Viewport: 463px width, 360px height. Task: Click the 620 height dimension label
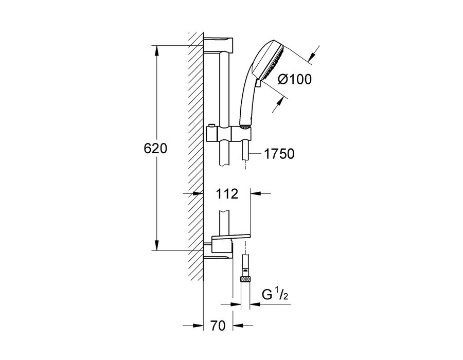click(155, 149)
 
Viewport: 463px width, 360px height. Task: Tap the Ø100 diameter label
click(295, 79)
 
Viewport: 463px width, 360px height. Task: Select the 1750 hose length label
click(279, 154)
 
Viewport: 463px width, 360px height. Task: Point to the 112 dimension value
click(227, 194)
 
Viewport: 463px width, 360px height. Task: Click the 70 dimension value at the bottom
click(218, 326)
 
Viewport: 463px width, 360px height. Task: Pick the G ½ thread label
click(275, 295)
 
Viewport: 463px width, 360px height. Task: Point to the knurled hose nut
click(245, 279)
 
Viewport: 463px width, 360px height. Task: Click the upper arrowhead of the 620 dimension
click(157, 50)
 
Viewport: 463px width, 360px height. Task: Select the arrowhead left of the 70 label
click(199, 326)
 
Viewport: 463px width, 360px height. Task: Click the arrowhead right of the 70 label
click(238, 326)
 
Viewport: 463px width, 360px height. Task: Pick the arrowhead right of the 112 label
click(256, 193)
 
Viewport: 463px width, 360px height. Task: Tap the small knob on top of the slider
click(210, 126)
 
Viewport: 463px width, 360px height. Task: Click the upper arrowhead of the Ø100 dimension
click(312, 56)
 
